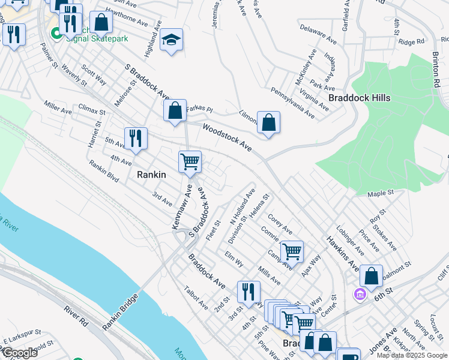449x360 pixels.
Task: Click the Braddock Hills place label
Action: click(360, 98)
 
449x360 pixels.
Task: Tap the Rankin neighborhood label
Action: click(151, 175)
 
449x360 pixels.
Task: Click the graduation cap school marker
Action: click(171, 40)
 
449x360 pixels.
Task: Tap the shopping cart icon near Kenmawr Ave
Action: click(190, 161)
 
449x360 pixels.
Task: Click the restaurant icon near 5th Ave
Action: click(136, 139)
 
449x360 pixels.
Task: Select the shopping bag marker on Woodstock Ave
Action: click(269, 122)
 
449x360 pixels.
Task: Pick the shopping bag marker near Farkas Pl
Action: click(175, 110)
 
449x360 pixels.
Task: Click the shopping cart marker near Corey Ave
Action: click(292, 251)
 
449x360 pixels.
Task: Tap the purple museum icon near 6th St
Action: click(360, 295)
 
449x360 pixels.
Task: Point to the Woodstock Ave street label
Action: click(226, 138)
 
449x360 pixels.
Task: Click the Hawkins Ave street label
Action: click(343, 253)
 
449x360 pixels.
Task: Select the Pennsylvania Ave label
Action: click(292, 102)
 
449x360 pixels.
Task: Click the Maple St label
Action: click(380, 193)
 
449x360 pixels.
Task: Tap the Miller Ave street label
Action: click(58, 110)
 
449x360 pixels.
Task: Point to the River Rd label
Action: click(76, 317)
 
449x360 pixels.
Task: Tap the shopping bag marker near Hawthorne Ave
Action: click(101, 23)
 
